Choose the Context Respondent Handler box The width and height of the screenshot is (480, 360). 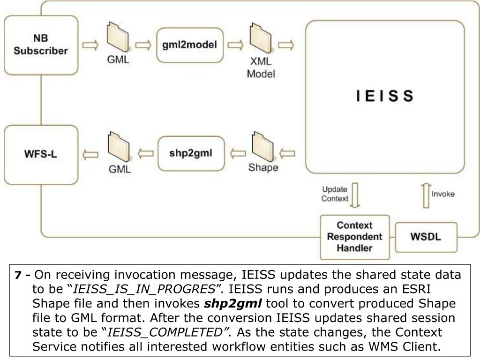(355, 236)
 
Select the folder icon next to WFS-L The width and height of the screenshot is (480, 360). (117, 149)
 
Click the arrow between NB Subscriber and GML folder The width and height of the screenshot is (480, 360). (90, 45)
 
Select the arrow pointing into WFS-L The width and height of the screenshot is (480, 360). (90, 153)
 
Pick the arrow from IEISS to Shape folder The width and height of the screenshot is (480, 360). (287, 153)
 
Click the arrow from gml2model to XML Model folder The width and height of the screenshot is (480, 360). (236, 45)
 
